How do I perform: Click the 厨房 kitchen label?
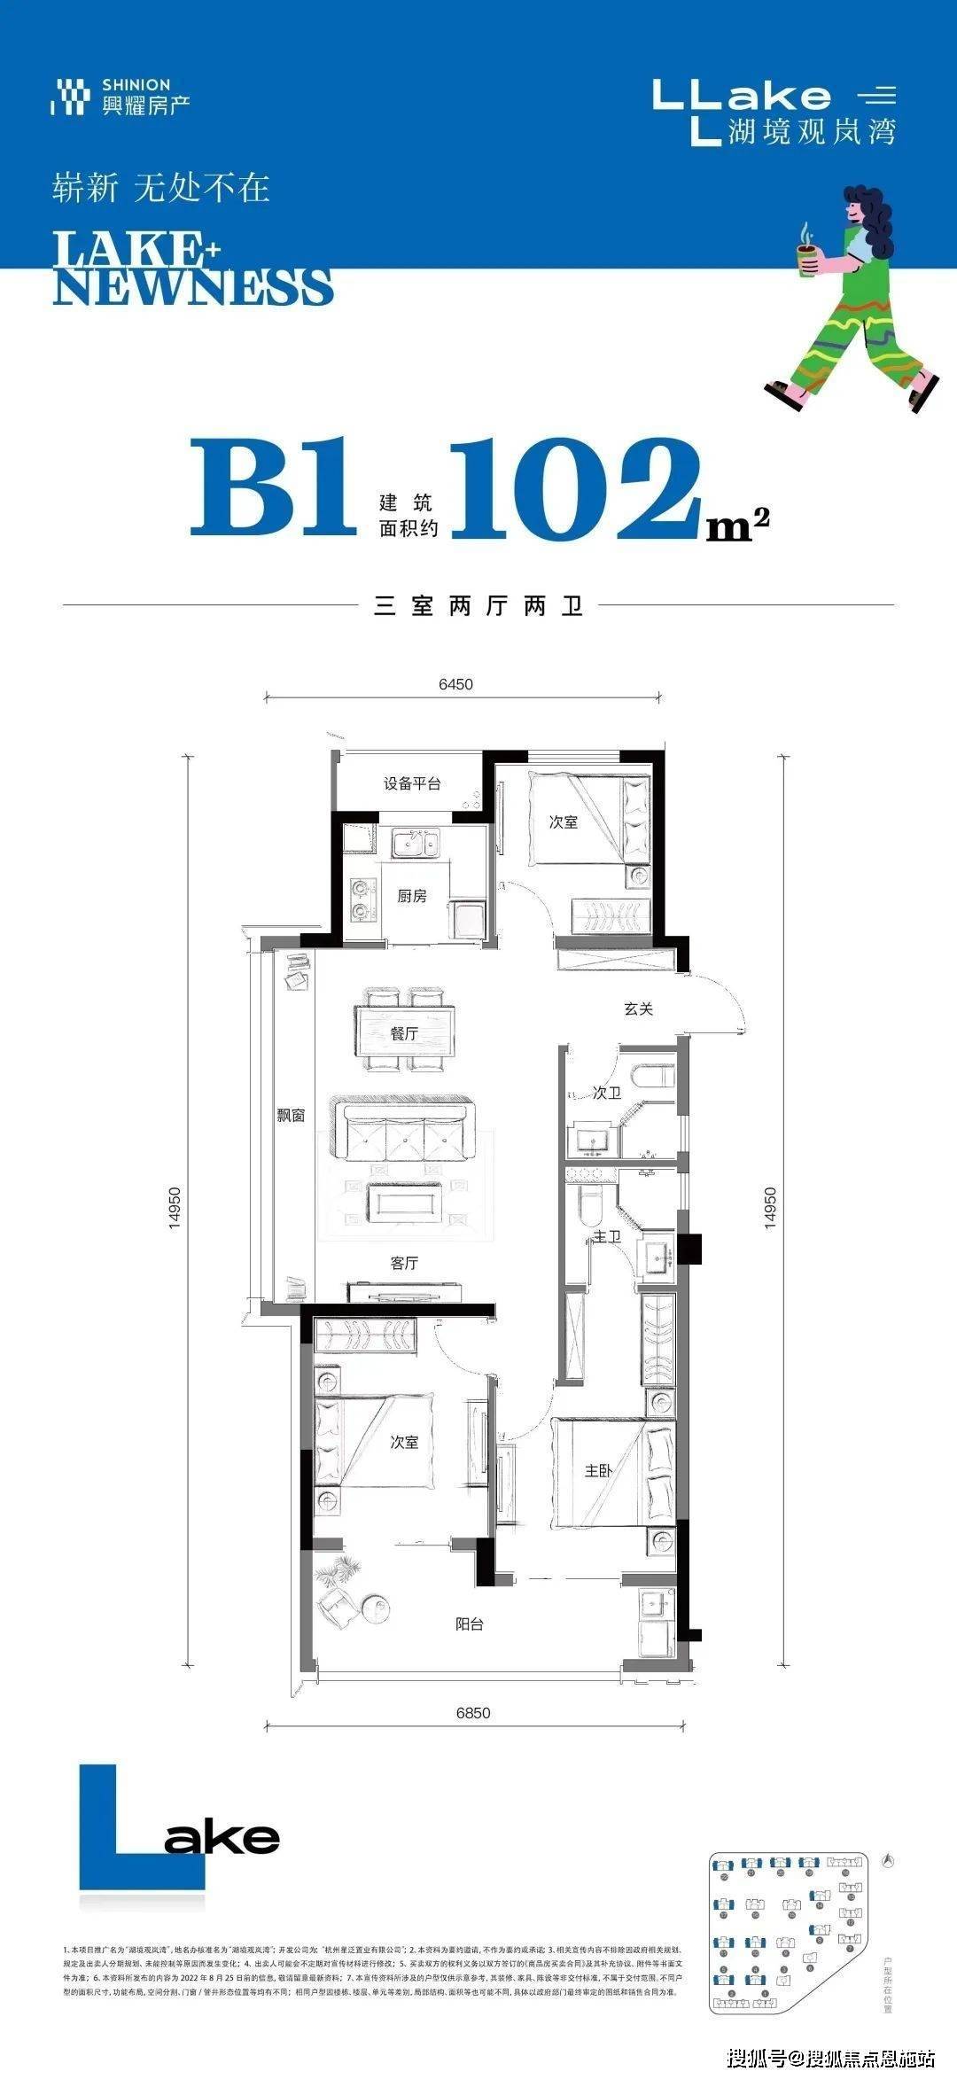coord(412,896)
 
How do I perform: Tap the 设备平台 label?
coord(412,783)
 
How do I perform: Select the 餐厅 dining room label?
coord(404,1033)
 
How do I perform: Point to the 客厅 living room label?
coord(404,1263)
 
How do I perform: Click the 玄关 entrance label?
coord(638,1008)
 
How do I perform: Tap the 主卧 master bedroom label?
coord(598,1471)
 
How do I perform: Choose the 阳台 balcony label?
coord(470,1624)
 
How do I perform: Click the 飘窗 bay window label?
coord(291,1116)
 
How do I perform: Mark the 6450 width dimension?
coord(455,684)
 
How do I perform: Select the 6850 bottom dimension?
coord(473,1713)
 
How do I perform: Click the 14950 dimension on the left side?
coord(175,1207)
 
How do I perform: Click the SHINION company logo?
coord(121,97)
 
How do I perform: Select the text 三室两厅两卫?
coord(478,607)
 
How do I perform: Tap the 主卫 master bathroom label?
coord(607,1236)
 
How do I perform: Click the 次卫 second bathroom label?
coord(607,1094)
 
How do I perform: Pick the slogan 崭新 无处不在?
coord(160,188)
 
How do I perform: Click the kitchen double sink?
coord(415,843)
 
